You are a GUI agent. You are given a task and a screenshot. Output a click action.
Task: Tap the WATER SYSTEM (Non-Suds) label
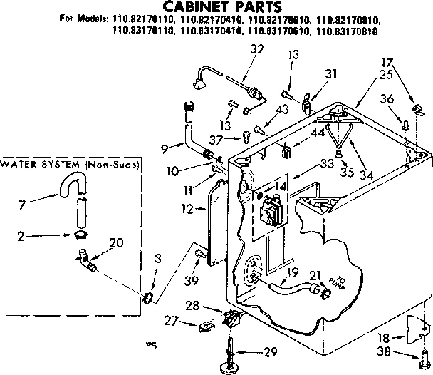tap(70, 165)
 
